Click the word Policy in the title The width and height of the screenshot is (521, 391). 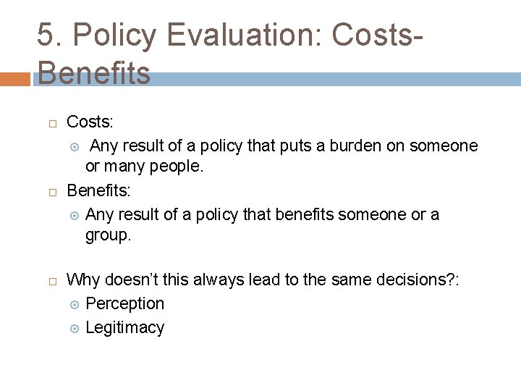click(113, 35)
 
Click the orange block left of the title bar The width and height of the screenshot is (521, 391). click(16, 79)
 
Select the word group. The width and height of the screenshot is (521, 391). click(108, 235)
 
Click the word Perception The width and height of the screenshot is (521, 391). click(124, 303)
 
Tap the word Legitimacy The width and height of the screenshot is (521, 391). click(124, 327)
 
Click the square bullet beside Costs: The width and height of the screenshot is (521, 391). click(53, 124)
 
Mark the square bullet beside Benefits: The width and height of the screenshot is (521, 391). click(53, 193)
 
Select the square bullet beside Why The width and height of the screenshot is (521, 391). click(53, 281)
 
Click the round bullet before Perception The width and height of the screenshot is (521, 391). click(72, 304)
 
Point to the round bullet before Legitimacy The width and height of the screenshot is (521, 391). click(72, 328)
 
